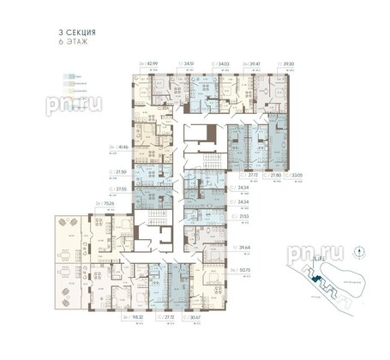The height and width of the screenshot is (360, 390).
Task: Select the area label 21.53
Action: point(243,219)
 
